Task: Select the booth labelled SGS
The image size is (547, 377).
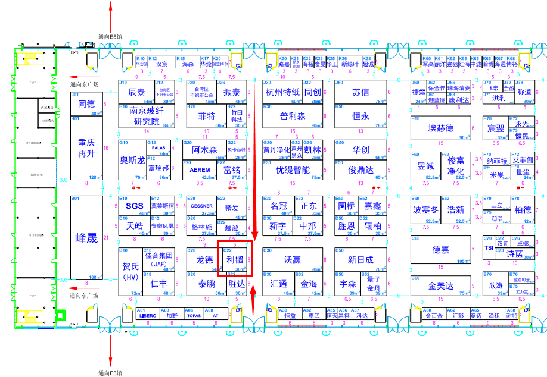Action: tap(135, 206)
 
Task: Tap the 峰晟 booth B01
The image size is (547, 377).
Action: tap(86, 238)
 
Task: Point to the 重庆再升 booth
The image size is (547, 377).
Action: tap(86, 148)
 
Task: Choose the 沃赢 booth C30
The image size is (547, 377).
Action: tap(292, 260)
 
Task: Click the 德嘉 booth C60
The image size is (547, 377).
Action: tap(441, 250)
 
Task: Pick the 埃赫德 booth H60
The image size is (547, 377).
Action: tap(441, 128)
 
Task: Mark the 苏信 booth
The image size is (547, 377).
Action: tap(360, 92)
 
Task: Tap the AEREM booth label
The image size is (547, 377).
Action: tap(200, 169)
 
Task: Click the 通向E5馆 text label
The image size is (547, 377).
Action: tap(110, 36)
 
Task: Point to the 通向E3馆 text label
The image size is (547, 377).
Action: tap(110, 373)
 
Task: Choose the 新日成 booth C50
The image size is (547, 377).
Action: tap(360, 260)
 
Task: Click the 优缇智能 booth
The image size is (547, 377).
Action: tap(293, 169)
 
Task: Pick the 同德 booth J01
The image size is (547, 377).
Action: tap(86, 104)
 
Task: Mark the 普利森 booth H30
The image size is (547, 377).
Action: tap(293, 116)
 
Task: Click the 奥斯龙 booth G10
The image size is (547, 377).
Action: tap(132, 160)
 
